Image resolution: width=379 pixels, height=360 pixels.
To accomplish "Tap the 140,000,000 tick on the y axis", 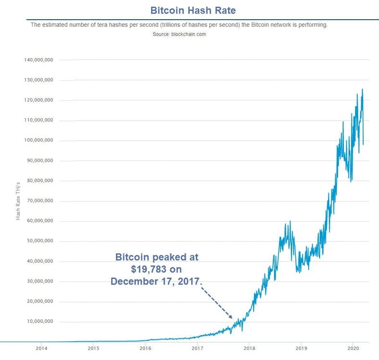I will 38,60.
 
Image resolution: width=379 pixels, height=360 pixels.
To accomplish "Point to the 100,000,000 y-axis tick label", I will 38,140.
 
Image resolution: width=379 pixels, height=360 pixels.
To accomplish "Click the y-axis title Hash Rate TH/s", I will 18,201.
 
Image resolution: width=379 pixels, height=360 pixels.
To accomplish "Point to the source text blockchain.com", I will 188,34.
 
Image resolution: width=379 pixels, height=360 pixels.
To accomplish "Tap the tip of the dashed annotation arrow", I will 233,318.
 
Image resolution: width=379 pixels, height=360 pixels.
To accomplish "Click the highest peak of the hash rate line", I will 362,89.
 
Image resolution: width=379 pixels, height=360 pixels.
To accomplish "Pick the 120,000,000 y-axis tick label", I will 38,100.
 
